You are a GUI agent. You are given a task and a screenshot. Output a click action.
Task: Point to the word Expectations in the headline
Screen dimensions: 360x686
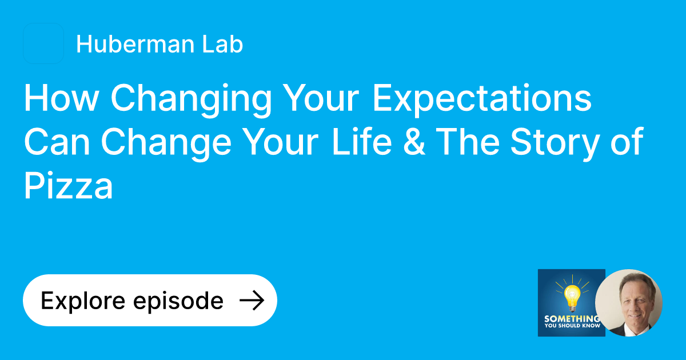point(481,99)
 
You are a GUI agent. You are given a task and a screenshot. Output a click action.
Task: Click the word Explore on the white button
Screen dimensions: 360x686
point(82,301)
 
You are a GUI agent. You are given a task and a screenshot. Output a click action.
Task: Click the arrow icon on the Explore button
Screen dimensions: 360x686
point(251,301)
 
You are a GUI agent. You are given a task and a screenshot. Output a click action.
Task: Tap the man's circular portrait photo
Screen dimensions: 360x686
point(629,303)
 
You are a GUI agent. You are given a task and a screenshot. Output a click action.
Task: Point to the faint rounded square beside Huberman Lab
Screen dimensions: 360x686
point(43,43)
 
